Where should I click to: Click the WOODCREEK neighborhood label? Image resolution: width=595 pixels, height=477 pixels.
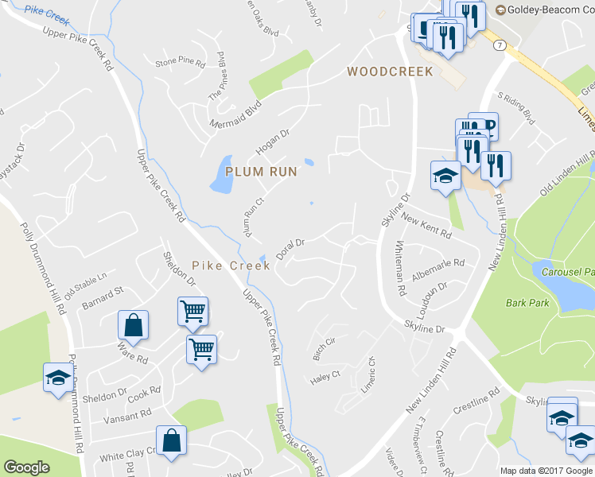tap(390, 72)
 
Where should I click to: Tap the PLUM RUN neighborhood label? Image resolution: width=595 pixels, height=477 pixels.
tap(261, 171)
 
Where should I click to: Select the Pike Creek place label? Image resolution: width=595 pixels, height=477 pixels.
tap(220, 265)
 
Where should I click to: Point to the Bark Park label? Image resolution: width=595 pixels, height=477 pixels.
tap(527, 303)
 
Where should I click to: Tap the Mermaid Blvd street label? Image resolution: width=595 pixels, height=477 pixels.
tap(235, 116)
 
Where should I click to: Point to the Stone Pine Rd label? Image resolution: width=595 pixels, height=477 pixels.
tap(180, 62)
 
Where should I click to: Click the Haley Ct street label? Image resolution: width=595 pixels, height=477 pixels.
tap(325, 376)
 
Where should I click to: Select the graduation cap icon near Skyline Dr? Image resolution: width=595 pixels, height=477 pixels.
tap(445, 175)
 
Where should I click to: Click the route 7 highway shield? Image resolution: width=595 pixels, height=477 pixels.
tap(498, 47)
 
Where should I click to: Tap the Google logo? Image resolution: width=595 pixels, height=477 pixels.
tap(27, 468)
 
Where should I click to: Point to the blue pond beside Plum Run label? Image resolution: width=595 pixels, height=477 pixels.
tap(220, 175)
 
